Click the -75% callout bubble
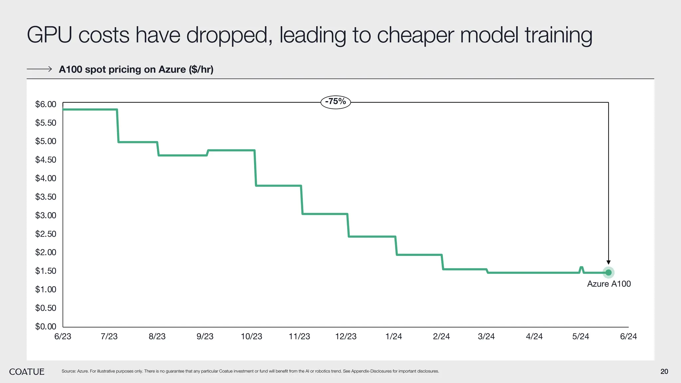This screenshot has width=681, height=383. point(336,102)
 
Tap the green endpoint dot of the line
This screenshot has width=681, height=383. point(609,273)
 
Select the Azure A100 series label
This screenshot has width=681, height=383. point(609,284)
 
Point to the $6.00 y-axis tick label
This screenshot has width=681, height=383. point(46,104)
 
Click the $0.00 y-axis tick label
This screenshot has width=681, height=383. point(46,326)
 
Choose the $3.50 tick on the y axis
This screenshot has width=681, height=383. point(46,197)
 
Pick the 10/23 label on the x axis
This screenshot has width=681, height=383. point(251,336)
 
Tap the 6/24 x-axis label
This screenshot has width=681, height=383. point(628,336)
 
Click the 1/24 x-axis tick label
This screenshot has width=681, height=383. point(394,336)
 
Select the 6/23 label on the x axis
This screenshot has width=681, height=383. point(63,336)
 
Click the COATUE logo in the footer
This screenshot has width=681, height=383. point(27,372)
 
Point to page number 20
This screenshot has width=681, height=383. point(664,372)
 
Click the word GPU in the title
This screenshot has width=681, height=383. point(49,35)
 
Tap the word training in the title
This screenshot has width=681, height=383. point(558,35)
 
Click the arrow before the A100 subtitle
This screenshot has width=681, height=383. point(39,69)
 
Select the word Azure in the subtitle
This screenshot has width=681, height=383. point(172,69)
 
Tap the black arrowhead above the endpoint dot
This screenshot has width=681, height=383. point(609,262)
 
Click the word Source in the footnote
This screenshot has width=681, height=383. point(68,371)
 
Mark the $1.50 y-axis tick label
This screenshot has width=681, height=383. point(46,271)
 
